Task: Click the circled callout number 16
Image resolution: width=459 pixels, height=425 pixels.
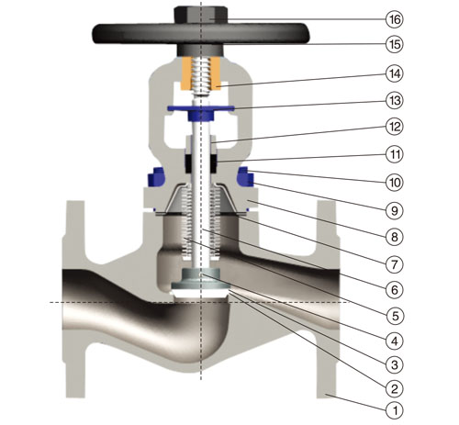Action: [394, 19]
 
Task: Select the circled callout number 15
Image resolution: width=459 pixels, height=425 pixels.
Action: [394, 44]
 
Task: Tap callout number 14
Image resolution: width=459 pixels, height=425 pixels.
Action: [394, 73]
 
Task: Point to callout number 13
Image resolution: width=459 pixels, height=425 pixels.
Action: [394, 100]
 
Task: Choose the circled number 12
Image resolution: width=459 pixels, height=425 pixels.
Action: [394, 127]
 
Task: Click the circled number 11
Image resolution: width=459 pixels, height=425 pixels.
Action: [394, 154]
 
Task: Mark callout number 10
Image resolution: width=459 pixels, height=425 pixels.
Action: [394, 183]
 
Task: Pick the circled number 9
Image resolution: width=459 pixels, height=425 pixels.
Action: [394, 210]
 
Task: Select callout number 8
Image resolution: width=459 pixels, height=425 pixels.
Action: [394, 237]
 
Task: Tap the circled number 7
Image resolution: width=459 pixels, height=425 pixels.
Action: [394, 263]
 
